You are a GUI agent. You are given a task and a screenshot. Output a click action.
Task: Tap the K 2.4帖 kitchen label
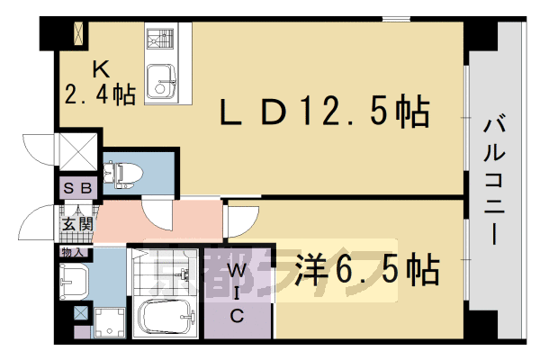tap(100, 80)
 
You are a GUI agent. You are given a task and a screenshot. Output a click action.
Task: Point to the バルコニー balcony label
tap(494, 180)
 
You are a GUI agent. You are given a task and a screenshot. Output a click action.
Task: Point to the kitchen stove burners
tap(162, 40)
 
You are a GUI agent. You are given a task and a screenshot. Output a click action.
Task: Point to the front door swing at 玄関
tap(41, 220)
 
